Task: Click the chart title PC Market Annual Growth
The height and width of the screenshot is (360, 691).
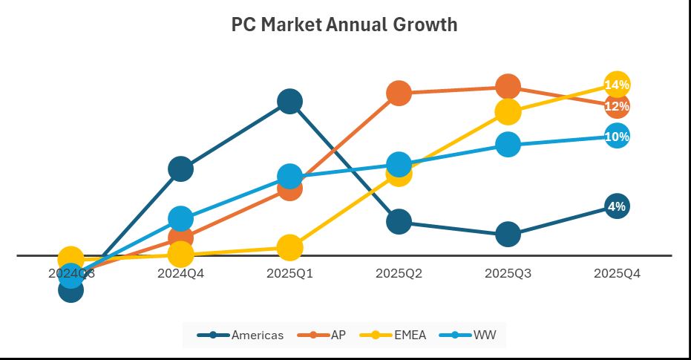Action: coord(344,24)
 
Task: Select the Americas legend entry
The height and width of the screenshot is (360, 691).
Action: coord(240,335)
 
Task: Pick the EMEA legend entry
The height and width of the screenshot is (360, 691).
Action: coord(393,335)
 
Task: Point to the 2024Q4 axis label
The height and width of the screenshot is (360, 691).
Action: coord(180,273)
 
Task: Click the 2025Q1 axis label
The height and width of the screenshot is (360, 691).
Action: coord(289,273)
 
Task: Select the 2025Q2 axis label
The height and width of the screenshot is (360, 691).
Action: coord(399,273)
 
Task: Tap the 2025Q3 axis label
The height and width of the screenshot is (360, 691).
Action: coord(508,273)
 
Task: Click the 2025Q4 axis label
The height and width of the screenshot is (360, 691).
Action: coord(617,273)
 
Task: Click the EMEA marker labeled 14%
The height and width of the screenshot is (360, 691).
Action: coord(617,85)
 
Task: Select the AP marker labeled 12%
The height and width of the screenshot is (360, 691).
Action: coord(617,106)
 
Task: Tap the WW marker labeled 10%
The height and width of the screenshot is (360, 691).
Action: coord(617,137)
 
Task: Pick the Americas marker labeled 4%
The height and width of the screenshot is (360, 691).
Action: coord(617,206)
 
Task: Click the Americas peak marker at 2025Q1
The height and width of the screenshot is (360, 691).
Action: coord(289,101)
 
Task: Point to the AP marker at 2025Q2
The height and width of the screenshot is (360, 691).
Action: coord(399,93)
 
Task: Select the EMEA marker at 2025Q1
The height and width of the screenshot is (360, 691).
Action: coord(289,248)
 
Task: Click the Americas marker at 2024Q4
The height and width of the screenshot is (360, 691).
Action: coord(180,169)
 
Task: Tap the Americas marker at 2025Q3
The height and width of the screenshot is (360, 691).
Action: coord(508,235)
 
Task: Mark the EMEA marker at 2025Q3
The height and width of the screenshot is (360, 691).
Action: coord(508,112)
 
